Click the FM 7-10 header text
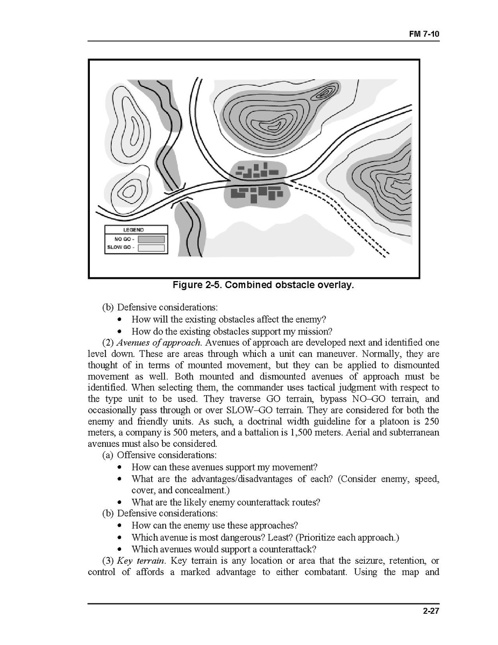(x=425, y=33)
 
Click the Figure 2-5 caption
(x=263, y=285)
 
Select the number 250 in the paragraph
(x=431, y=421)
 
